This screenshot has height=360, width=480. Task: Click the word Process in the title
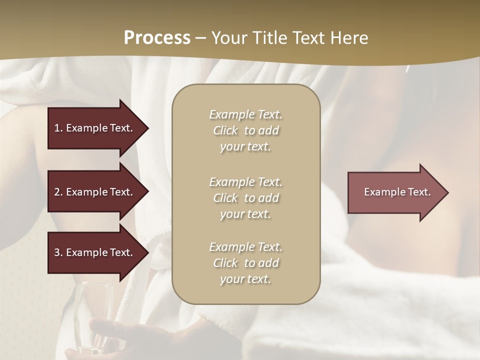click(157, 38)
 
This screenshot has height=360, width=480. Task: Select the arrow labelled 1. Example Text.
click(95, 128)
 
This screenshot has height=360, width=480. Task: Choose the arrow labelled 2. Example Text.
click(95, 192)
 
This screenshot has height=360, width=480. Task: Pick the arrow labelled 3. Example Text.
click(95, 252)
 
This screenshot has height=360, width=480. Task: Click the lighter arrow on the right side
click(395, 192)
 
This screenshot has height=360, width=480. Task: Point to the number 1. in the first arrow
click(58, 128)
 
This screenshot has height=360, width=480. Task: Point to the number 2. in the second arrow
click(58, 192)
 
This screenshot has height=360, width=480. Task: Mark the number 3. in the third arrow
click(58, 252)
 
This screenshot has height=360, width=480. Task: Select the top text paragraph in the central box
click(245, 130)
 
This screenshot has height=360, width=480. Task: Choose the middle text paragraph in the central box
click(245, 198)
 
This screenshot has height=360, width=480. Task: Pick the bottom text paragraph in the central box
click(245, 263)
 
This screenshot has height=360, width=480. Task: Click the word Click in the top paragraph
click(225, 130)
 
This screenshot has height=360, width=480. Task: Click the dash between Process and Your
click(201, 38)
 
